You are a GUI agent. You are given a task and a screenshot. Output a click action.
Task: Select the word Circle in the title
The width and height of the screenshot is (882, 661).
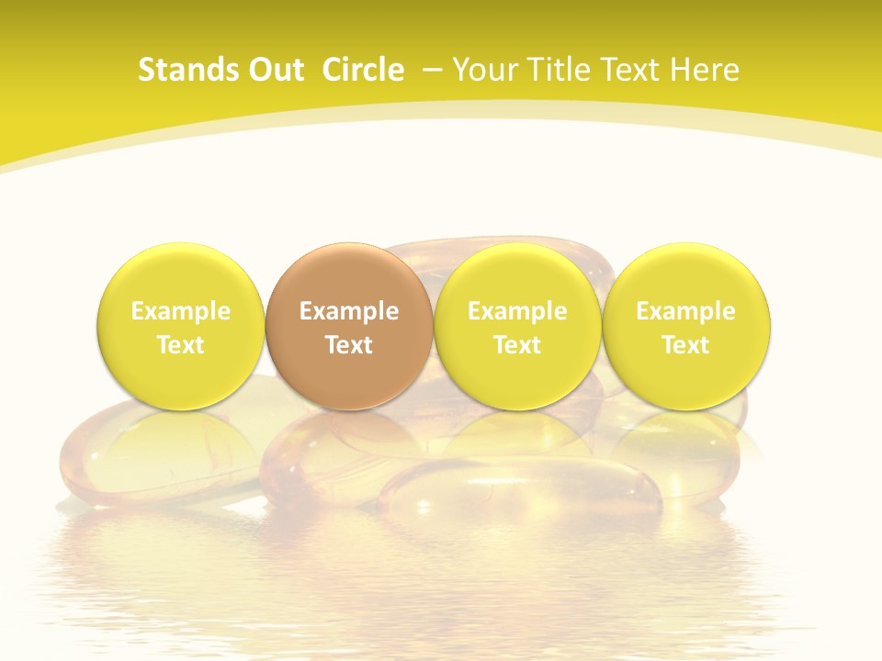363,70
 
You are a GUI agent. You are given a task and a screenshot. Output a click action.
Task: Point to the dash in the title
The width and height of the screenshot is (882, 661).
429,71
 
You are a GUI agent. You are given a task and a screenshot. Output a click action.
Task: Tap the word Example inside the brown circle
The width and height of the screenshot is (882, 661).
349,312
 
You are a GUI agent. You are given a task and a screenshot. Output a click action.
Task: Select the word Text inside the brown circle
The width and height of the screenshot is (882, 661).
349,345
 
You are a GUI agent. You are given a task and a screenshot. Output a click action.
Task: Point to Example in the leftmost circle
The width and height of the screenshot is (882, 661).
181,312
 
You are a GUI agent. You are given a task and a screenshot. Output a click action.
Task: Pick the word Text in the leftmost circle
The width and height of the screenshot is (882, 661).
181,345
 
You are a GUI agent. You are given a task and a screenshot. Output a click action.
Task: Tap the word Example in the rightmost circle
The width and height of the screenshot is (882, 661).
685,312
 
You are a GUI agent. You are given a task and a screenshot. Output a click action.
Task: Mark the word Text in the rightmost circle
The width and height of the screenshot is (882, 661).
685,345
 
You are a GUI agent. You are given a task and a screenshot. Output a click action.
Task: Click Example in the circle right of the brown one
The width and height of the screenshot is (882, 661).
517,312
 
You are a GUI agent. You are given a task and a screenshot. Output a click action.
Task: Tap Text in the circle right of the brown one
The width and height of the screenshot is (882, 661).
517,345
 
